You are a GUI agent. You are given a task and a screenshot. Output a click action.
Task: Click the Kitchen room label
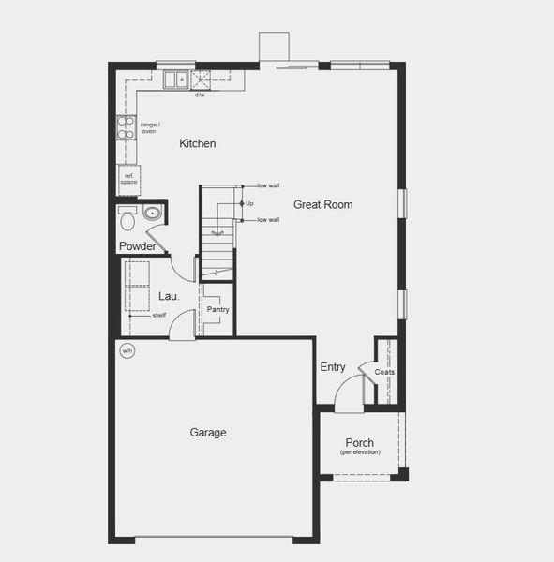pyautogui.click(x=198, y=143)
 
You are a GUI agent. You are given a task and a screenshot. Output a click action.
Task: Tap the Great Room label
pyautogui.click(x=323, y=204)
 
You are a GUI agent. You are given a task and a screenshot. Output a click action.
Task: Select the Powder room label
pyautogui.click(x=137, y=246)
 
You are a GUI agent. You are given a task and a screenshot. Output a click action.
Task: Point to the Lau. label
pyautogui.click(x=169, y=296)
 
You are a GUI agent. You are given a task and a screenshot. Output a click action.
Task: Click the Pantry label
pyautogui.click(x=217, y=309)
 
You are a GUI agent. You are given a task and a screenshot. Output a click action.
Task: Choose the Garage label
pyautogui.click(x=208, y=433)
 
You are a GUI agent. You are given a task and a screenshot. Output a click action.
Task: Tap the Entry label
pyautogui.click(x=333, y=367)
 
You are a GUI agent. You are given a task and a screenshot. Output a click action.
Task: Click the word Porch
pyautogui.click(x=360, y=443)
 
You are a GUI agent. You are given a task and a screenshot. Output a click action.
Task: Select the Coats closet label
pyautogui.click(x=384, y=372)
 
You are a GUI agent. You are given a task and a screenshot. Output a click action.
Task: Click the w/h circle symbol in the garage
pyautogui.click(x=127, y=351)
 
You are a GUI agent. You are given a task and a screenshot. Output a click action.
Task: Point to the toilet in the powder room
pyautogui.click(x=128, y=222)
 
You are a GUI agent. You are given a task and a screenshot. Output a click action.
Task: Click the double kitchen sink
pyautogui.click(x=175, y=81)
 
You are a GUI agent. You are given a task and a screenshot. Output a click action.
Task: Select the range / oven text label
pyautogui.click(x=149, y=127)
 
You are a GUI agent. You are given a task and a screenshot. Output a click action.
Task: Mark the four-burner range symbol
pyautogui.click(x=125, y=127)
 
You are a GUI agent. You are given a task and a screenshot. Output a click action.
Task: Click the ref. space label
pyautogui.click(x=127, y=178)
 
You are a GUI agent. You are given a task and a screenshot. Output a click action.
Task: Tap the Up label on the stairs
pyautogui.click(x=249, y=203)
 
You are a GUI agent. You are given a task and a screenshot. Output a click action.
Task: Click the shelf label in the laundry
pyautogui.click(x=159, y=316)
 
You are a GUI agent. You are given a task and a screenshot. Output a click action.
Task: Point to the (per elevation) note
pyautogui.click(x=360, y=453)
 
